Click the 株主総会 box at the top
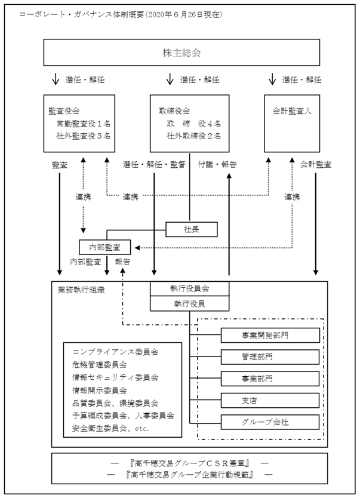click(181, 53)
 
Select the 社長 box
click(192, 229)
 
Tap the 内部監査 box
click(104, 247)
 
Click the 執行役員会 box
click(189, 288)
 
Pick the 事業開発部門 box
click(270, 335)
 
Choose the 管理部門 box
click(270, 357)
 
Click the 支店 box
click(270, 401)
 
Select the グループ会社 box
click(270, 422)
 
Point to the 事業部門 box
click(270, 379)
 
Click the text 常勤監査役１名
click(84, 124)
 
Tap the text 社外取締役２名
click(193, 136)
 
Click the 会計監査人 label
click(292, 111)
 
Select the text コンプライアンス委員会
click(115, 352)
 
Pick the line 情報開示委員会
click(99, 390)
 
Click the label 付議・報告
click(217, 165)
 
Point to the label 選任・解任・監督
click(154, 165)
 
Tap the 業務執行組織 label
click(81, 290)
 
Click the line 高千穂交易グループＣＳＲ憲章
click(189, 463)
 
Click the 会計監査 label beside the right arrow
click(316, 165)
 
